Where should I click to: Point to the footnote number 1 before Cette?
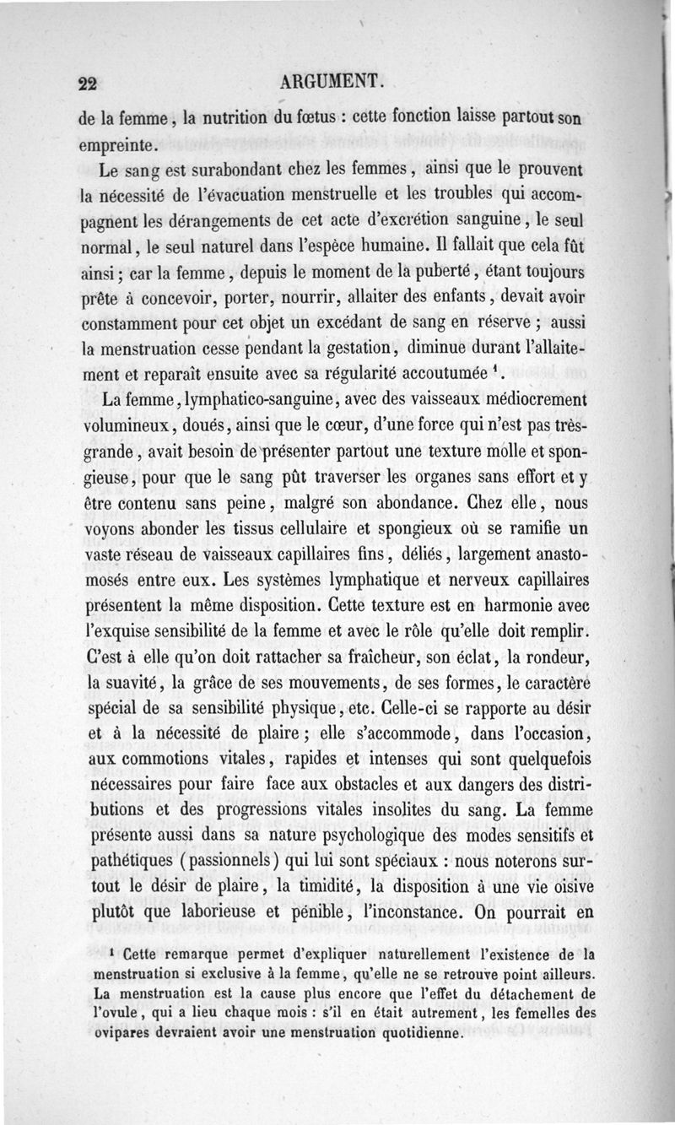pos(112,953)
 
